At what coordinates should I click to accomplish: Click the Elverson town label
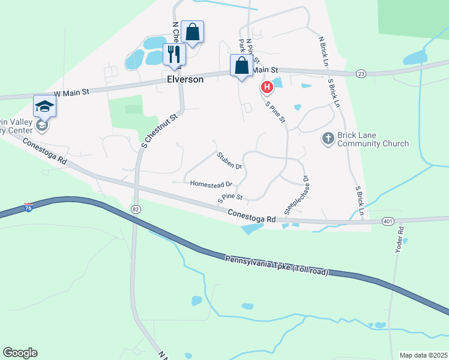pyautogui.click(x=185, y=79)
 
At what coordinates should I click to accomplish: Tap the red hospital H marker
pyautogui.click(x=267, y=88)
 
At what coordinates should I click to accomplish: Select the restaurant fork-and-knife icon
pyautogui.click(x=174, y=54)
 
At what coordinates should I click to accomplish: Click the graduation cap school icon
pyautogui.click(x=44, y=106)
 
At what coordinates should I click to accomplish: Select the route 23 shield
pyautogui.click(x=360, y=73)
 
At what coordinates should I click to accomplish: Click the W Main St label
pyautogui.click(x=71, y=92)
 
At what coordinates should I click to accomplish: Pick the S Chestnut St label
pyautogui.click(x=160, y=128)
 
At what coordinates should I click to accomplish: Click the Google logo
pyautogui.click(x=20, y=353)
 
